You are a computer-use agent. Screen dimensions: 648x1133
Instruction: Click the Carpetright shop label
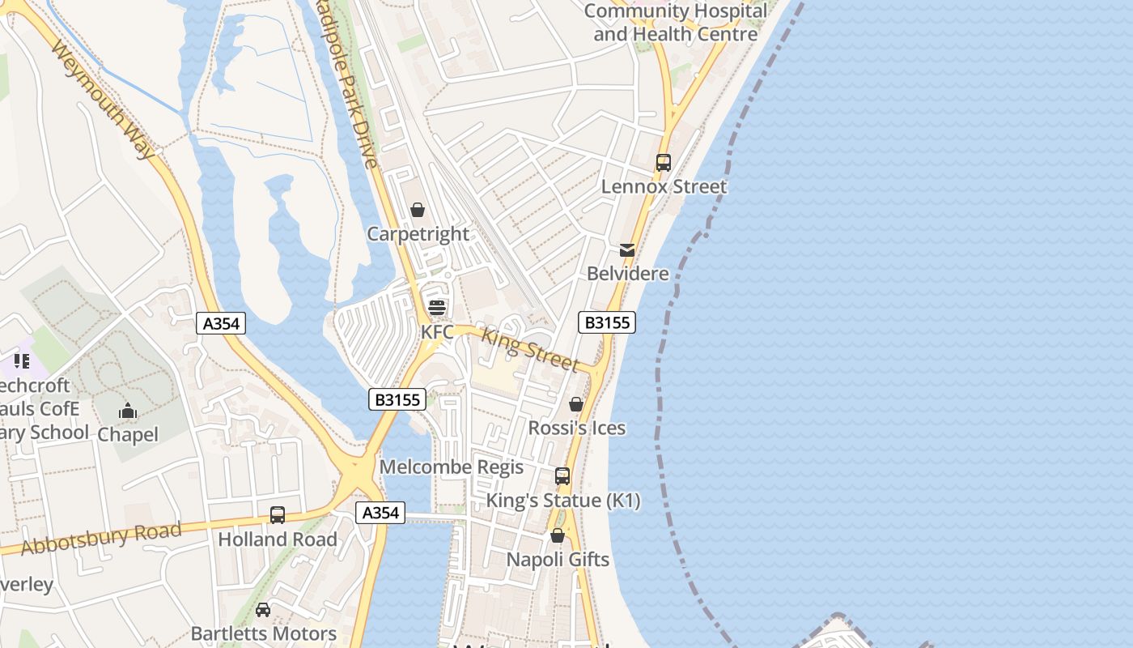click(418, 234)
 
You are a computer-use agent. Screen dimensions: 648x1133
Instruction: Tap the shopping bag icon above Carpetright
click(418, 211)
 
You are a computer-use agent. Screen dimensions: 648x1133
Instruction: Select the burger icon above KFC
click(437, 308)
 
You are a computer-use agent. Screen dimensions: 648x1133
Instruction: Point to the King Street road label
click(530, 349)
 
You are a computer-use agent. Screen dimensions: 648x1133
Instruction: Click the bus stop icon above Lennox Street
click(664, 163)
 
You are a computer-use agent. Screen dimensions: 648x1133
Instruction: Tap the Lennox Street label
click(664, 186)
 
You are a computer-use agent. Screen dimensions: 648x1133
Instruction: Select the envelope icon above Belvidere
click(627, 250)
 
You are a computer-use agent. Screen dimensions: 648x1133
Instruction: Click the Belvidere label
click(628, 274)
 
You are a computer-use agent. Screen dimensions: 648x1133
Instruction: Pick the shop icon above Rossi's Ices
click(576, 404)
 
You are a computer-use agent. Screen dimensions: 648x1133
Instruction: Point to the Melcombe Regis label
click(452, 467)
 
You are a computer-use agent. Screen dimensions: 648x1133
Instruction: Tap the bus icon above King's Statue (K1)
click(562, 476)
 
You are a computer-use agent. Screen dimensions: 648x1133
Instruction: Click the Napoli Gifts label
click(558, 560)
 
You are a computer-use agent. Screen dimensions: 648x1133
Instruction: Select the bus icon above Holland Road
click(278, 515)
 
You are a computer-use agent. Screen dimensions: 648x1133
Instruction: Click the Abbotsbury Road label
click(101, 539)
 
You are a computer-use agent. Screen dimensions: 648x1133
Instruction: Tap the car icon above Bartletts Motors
click(263, 610)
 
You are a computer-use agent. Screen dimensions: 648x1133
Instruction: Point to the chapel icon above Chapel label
click(128, 411)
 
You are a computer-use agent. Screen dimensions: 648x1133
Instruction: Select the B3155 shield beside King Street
click(607, 322)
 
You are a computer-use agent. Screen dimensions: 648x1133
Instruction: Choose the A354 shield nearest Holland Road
click(380, 513)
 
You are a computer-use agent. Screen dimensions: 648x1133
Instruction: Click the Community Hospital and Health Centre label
click(676, 23)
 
